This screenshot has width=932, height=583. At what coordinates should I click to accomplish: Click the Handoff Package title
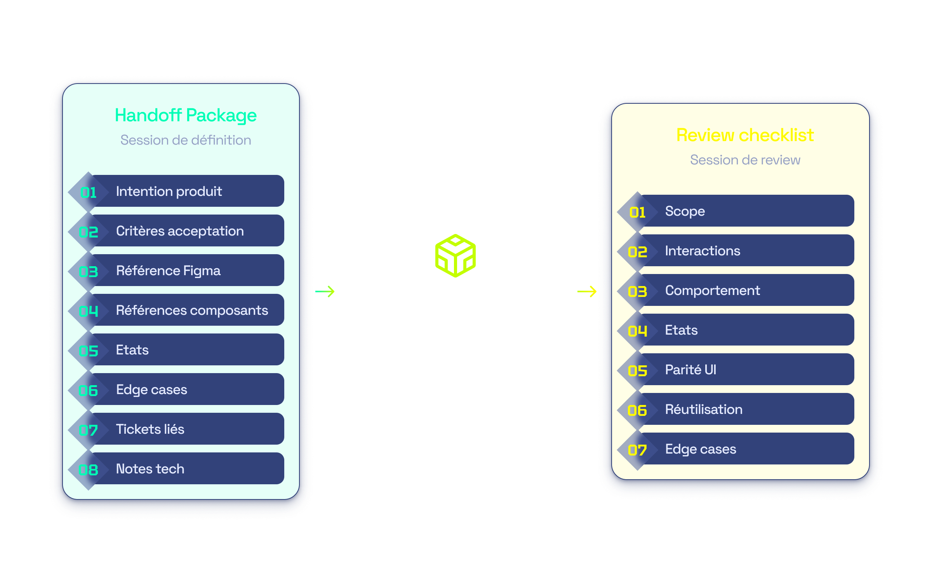(186, 116)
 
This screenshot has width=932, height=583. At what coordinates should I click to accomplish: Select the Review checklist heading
(745, 135)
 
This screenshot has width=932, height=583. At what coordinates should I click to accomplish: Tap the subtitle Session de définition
(186, 140)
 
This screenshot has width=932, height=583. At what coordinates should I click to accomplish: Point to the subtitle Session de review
(745, 160)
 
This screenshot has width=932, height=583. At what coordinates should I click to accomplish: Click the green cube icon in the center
(456, 255)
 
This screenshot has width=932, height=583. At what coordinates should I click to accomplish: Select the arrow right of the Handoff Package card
(325, 291)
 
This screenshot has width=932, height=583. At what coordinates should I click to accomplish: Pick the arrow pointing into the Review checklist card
(587, 291)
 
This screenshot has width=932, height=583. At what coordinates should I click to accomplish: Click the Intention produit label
(169, 191)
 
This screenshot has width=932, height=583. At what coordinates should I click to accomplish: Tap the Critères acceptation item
(180, 231)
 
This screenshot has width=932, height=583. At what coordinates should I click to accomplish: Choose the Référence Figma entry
(168, 271)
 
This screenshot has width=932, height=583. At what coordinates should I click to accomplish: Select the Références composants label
(192, 310)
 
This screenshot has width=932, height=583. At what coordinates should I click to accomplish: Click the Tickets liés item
(150, 429)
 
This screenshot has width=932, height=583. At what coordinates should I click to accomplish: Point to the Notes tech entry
(150, 469)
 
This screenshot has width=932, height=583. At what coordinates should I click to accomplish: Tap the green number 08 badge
(88, 470)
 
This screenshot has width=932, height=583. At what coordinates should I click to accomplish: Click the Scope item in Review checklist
(685, 211)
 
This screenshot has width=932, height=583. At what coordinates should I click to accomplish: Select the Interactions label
(702, 251)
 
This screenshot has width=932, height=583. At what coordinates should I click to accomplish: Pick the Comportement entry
(712, 291)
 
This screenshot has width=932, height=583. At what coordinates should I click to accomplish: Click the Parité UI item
(690, 370)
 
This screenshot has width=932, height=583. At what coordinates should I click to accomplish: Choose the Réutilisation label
(704, 409)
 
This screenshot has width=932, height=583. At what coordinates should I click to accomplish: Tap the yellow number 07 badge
(637, 450)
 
